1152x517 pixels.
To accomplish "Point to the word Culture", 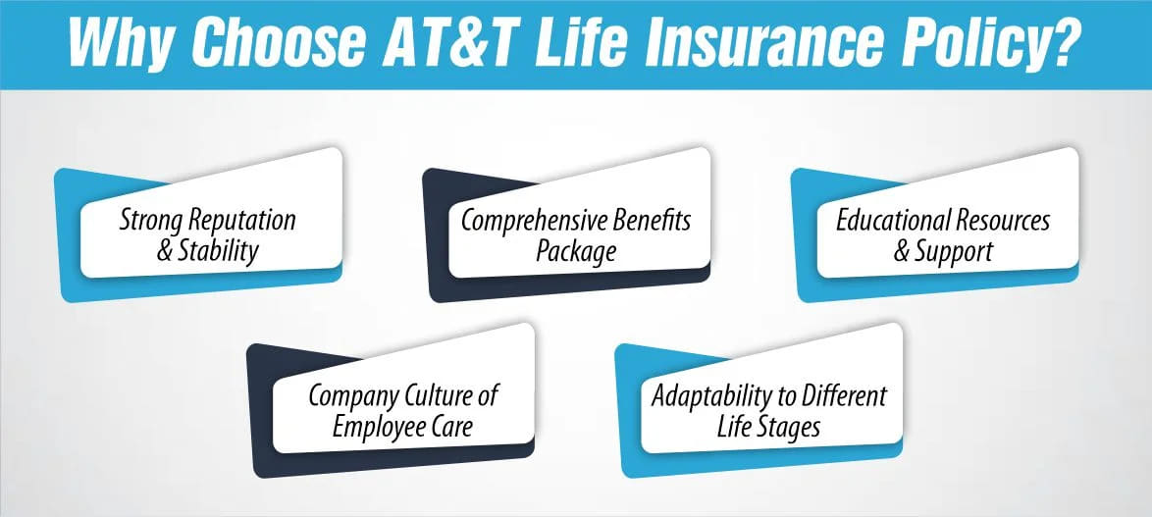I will tap(433, 396).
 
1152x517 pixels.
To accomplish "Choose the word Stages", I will tap(788, 426).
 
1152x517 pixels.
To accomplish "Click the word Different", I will tap(843, 396).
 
